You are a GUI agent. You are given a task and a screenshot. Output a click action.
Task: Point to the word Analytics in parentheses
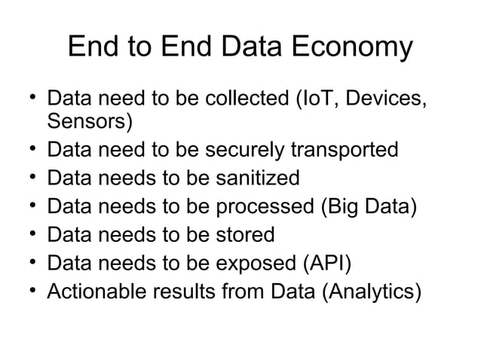371,291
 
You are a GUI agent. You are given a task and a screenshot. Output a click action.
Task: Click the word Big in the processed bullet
339,206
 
